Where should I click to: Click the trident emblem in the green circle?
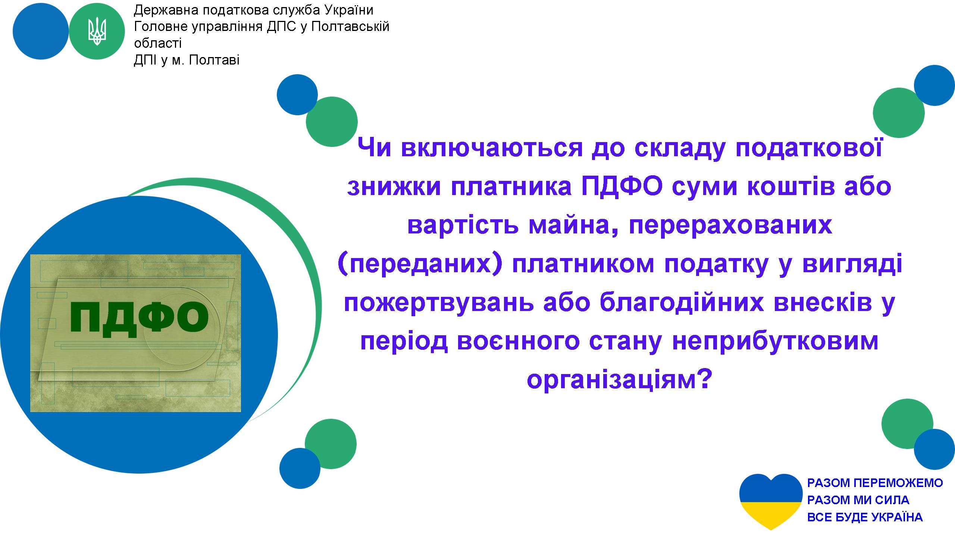97,32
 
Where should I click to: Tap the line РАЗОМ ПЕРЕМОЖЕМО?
875,483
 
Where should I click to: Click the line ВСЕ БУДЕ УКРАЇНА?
865,517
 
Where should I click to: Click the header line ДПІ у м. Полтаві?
187,60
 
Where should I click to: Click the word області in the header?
158,43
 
